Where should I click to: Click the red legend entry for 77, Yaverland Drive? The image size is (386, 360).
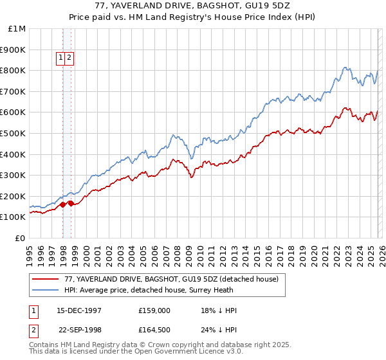pyautogui.click(x=171, y=279)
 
